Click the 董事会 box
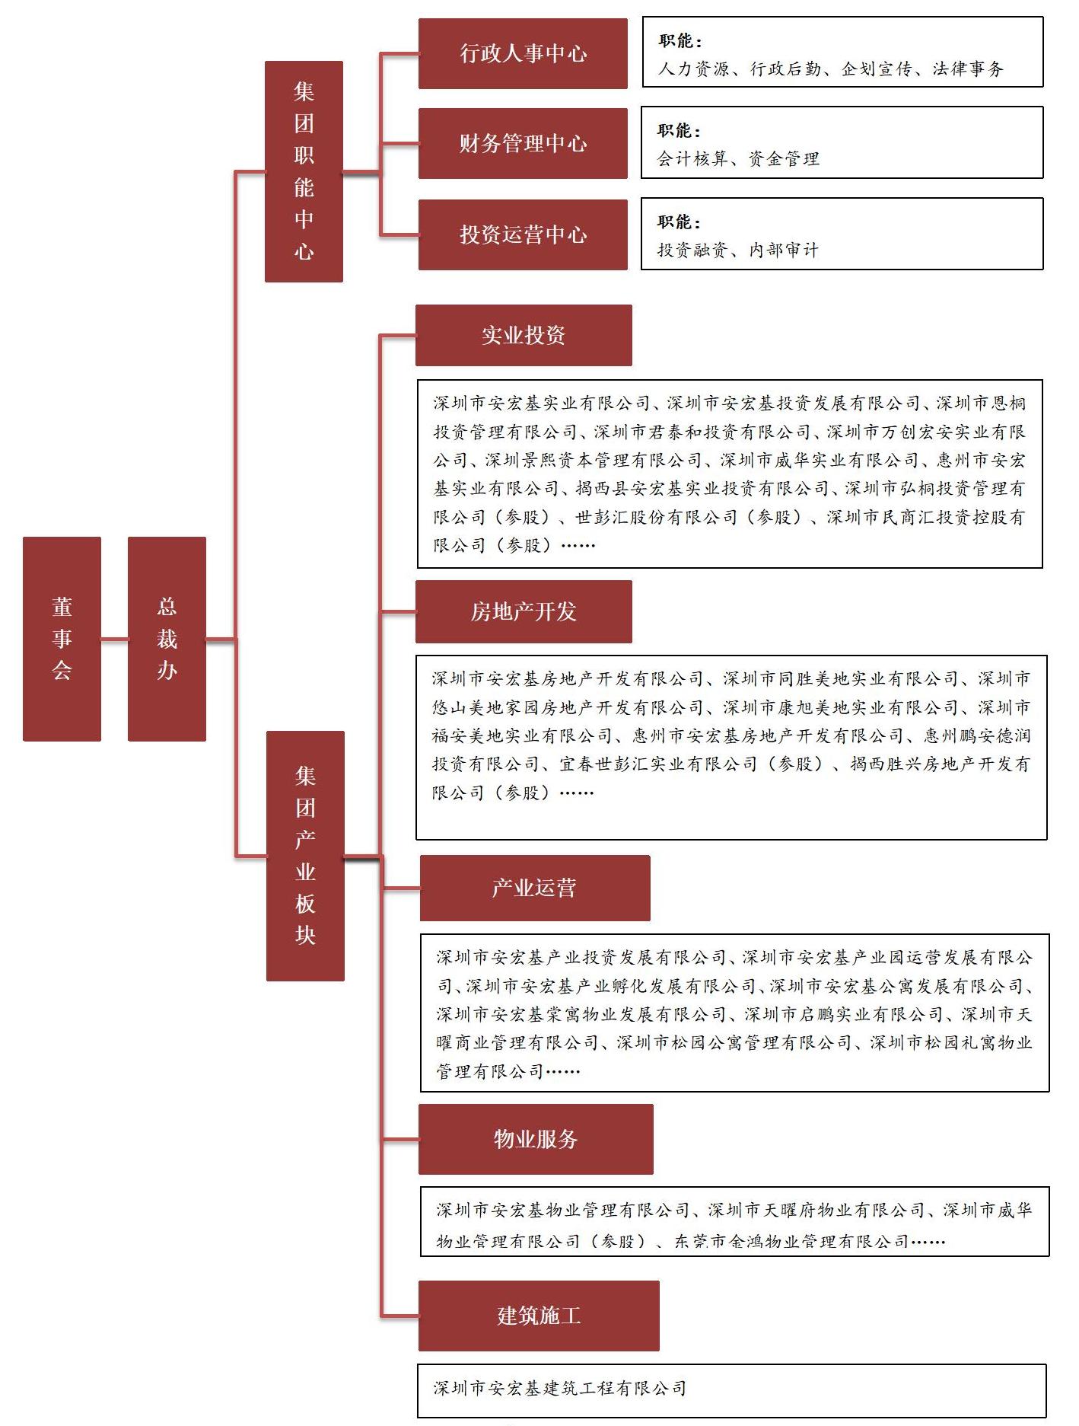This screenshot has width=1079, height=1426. point(62,639)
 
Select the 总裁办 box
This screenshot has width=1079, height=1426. point(167,639)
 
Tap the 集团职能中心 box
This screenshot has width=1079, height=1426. point(304,171)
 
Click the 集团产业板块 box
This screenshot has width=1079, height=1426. point(305,856)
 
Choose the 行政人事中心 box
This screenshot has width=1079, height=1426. point(523,53)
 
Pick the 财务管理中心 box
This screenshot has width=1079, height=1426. point(523,143)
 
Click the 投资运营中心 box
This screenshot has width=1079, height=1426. point(523,234)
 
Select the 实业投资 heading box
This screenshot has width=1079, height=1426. point(524,335)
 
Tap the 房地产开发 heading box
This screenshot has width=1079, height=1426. point(524,611)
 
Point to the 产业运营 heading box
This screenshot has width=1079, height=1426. point(535,888)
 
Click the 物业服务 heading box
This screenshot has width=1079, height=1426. point(536,1139)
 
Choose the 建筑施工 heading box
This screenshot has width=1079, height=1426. point(539,1316)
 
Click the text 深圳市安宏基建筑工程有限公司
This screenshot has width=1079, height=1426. point(560,1388)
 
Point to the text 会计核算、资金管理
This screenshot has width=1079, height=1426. point(738,159)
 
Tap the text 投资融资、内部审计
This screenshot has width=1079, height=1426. point(738,250)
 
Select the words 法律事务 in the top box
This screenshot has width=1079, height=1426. point(968,69)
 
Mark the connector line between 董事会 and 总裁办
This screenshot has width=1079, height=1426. point(114,640)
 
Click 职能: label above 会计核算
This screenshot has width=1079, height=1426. point(680,131)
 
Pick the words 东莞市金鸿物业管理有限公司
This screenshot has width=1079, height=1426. point(791,1242)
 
